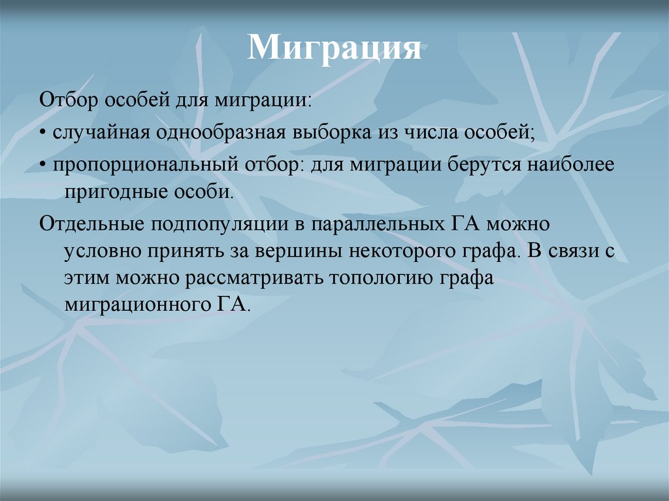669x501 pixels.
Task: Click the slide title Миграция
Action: pos(334,49)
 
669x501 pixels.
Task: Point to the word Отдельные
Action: pos(91,224)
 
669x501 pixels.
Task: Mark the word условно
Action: pos(103,252)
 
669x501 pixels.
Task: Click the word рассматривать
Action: pos(257,279)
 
